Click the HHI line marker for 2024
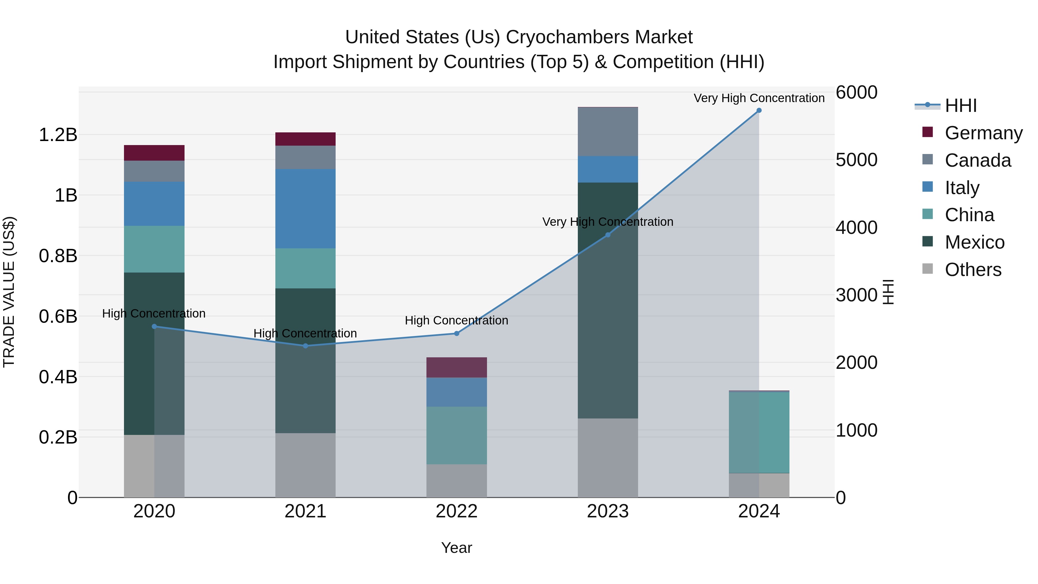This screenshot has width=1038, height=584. [x=759, y=110]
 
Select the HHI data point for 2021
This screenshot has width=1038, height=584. [x=305, y=346]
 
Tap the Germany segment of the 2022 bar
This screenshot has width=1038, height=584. [x=456, y=367]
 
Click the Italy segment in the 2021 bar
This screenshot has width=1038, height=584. [x=305, y=209]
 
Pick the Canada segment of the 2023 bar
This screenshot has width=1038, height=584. [x=608, y=132]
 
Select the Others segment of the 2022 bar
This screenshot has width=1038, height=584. [x=456, y=480]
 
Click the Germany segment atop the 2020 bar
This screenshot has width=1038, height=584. [x=154, y=153]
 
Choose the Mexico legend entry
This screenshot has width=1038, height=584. [x=974, y=242]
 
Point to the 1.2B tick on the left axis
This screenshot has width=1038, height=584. [x=58, y=135]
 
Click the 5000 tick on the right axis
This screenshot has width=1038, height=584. [x=856, y=160]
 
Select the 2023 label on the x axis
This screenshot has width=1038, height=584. [x=608, y=511]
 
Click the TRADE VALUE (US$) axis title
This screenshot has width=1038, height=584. [x=9, y=292]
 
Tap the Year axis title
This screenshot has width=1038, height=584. [x=456, y=548]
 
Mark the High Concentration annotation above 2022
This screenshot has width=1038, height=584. [x=456, y=320]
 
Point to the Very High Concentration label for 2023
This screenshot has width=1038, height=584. [x=608, y=222]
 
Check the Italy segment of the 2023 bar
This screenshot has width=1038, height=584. [x=608, y=169]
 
